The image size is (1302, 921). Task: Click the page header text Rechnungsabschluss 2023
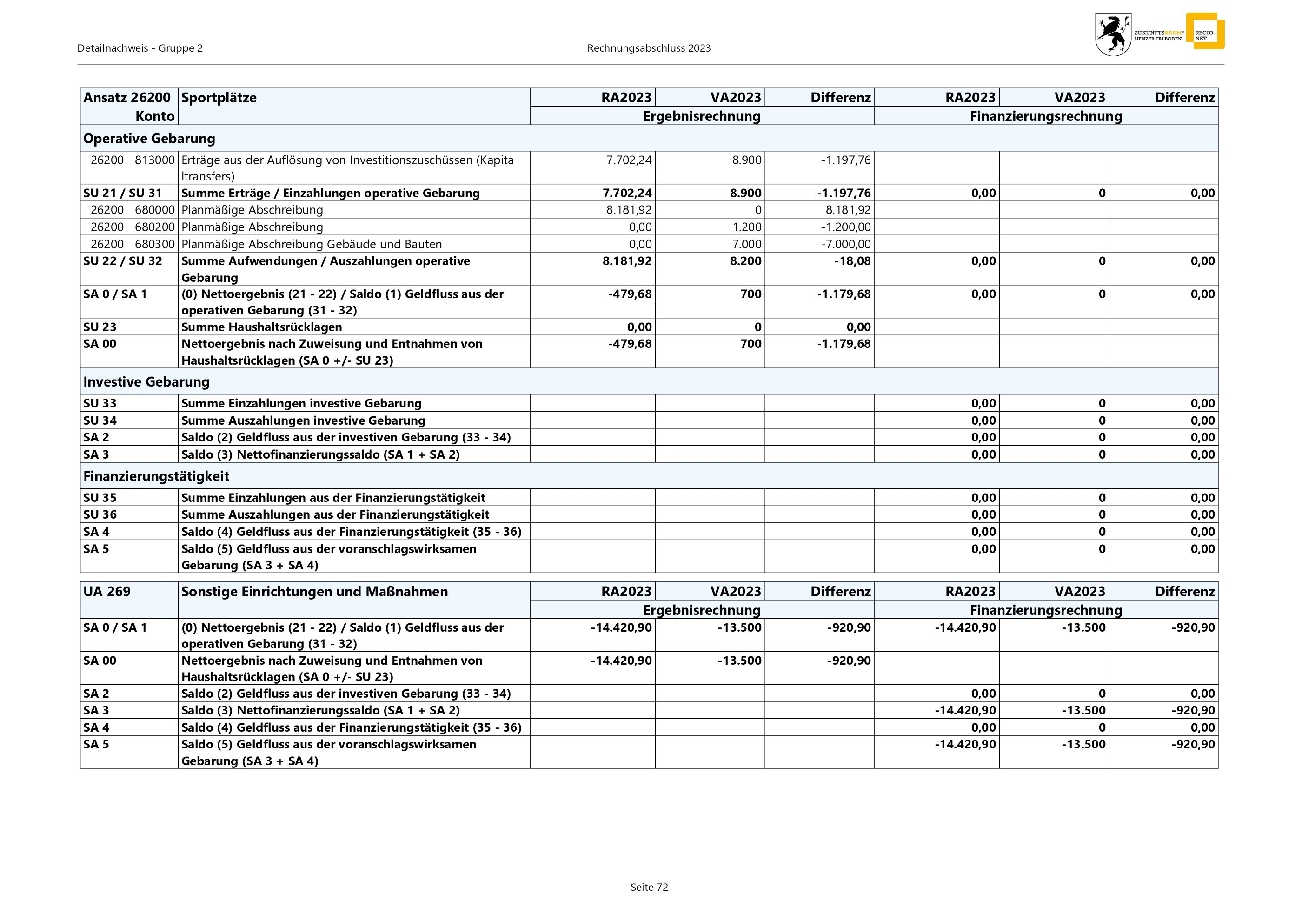coord(649,48)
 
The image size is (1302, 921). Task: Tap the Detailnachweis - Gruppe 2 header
coord(140,48)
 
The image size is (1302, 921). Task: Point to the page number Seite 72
coord(649,887)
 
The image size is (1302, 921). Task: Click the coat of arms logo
coord(1113,34)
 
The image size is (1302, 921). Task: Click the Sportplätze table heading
coord(219,98)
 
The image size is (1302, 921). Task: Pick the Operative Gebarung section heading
coord(149,138)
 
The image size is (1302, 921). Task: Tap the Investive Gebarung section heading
coord(146,382)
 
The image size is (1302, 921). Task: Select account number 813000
coord(155,160)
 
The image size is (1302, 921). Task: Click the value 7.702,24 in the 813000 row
coord(629,160)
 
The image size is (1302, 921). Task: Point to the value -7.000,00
coord(845,244)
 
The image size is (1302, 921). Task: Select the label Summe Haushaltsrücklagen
coord(261,327)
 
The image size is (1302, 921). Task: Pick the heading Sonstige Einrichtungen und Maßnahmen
coord(314,592)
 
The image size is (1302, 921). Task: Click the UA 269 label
coord(106,592)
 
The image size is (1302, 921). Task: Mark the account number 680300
coord(155,244)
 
